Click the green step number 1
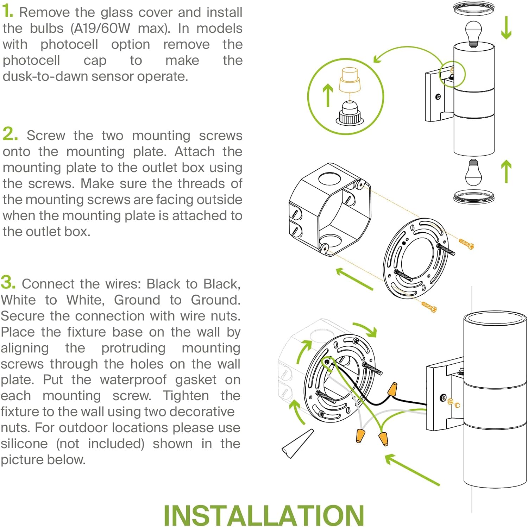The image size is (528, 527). [x=7, y=11]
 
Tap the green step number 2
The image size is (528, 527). [x=10, y=134]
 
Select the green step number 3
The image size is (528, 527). [x=8, y=282]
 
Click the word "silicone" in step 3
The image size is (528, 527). [x=24, y=444]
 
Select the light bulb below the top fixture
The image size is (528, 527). [x=473, y=171]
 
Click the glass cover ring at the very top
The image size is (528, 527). [x=474, y=8]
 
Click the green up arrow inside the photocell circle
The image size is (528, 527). [x=328, y=94]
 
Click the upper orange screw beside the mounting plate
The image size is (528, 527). [x=466, y=244]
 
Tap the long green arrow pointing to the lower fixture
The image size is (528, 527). [x=412, y=470]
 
